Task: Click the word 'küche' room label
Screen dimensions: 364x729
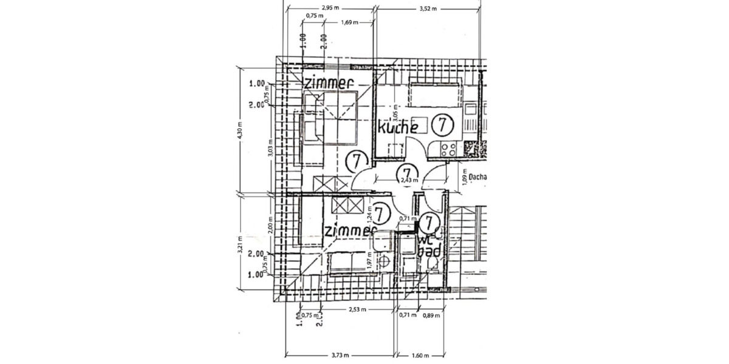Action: click(398, 127)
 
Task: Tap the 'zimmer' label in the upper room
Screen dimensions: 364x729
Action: click(328, 84)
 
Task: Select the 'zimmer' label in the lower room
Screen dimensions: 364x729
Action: click(348, 231)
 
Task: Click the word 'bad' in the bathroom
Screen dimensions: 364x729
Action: click(430, 250)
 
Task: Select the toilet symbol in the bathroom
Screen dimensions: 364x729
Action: click(433, 262)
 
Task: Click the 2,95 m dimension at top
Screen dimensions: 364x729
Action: click(330, 8)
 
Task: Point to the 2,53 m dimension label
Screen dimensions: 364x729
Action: click(357, 309)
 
